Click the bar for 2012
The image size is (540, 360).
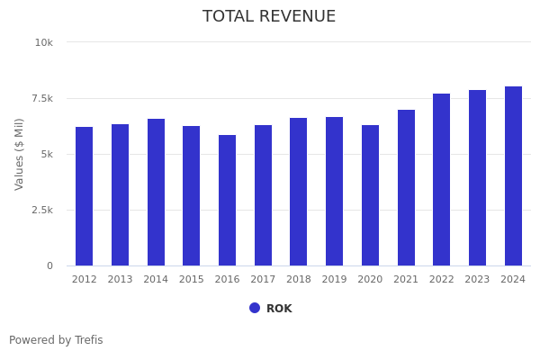pyautogui.click(x=84, y=196)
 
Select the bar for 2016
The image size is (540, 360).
pyautogui.click(x=227, y=200)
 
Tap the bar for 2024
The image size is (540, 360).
pyautogui.click(x=513, y=175)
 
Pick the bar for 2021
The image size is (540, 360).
pyautogui.click(x=406, y=187)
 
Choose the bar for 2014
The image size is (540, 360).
pyautogui.click(x=156, y=192)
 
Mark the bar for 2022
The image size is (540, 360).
pyautogui.click(x=441, y=179)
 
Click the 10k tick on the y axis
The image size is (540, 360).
pyautogui.click(x=44, y=42)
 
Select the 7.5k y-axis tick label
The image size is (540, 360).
pyautogui.click(x=41, y=98)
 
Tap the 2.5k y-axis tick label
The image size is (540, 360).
pyautogui.click(x=41, y=210)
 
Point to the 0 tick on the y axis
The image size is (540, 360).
pyautogui.click(x=49, y=265)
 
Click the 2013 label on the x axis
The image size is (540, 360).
pyautogui.click(x=120, y=280)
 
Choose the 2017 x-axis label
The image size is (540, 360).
pyautogui.click(x=263, y=280)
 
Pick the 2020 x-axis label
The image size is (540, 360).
pyautogui.click(x=370, y=280)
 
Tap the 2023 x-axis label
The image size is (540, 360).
pyautogui.click(x=477, y=280)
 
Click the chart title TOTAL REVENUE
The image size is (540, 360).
pyautogui.click(x=269, y=17)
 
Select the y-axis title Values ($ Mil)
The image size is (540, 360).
pyautogui.click(x=20, y=154)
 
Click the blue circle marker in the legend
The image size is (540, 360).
pyautogui.click(x=255, y=308)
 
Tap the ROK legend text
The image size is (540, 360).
pyautogui.click(x=279, y=309)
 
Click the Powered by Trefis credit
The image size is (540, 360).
pyautogui.click(x=56, y=340)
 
